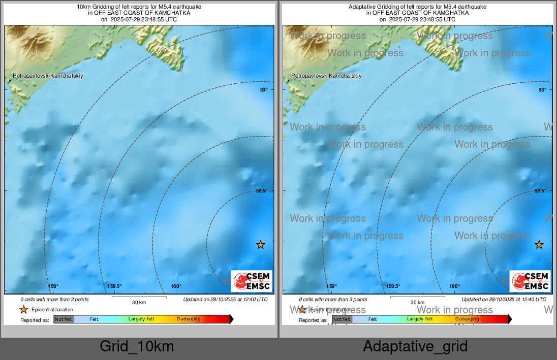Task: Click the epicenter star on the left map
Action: [261, 245]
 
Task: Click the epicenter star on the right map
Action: [539, 245]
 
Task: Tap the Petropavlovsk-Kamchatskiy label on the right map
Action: [326, 76]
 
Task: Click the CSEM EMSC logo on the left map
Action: [252, 281]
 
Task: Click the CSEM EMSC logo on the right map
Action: [530, 281]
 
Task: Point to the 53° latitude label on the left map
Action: [264, 89]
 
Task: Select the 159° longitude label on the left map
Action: [53, 286]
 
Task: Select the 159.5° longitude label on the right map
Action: [393, 286]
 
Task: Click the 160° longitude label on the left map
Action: [176, 286]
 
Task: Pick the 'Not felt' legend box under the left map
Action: [64, 319]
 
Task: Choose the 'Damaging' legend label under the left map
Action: [189, 319]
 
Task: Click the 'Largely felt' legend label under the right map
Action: [419, 319]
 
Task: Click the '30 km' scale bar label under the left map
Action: [139, 303]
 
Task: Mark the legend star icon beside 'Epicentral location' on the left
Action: [23, 309]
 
